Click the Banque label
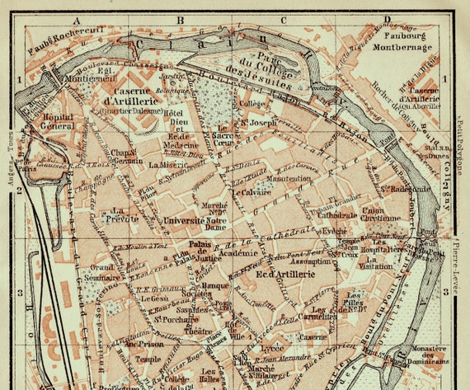(x=215, y=286)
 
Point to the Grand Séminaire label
(x=102, y=272)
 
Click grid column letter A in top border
(x=77, y=18)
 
